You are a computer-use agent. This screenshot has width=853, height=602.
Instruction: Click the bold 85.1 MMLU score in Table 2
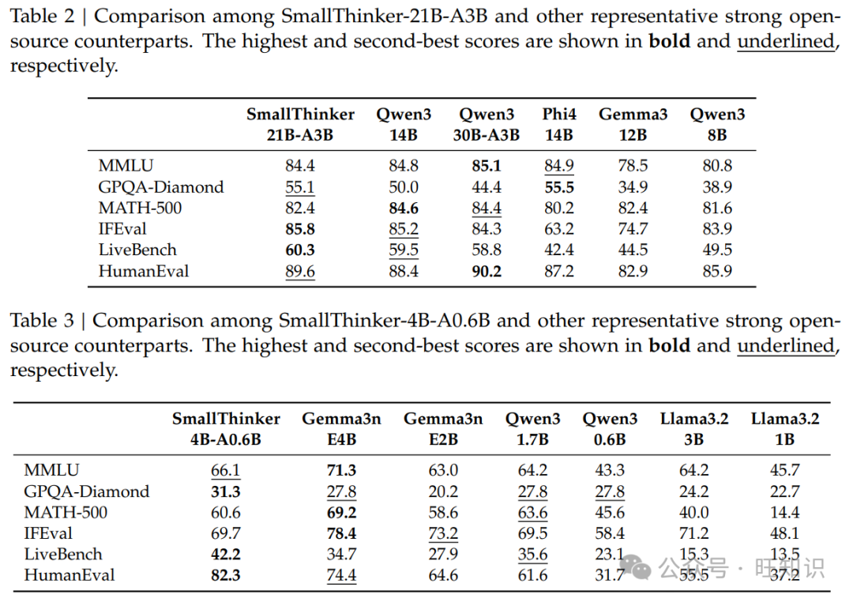487,166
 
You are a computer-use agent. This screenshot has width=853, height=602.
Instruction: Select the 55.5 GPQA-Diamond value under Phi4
558,187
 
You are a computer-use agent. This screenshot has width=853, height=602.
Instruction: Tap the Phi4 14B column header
558,125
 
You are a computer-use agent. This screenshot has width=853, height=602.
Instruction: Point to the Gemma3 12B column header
633,125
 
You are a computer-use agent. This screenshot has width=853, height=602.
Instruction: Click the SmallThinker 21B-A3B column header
300,125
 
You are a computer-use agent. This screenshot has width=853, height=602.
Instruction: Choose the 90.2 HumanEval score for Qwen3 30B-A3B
487,271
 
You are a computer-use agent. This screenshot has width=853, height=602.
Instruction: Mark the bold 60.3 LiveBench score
300,250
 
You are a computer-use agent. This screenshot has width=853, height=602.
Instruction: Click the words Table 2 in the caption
43,17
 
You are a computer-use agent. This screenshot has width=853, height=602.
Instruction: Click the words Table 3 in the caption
43,321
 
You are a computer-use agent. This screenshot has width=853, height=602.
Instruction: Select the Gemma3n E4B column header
341,429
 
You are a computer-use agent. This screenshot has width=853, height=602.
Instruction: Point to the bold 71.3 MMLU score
341,470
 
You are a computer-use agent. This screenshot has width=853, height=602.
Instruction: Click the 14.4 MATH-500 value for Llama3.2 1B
785,512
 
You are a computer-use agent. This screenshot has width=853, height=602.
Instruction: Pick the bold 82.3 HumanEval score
226,575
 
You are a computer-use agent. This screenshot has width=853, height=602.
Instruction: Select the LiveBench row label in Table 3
63,554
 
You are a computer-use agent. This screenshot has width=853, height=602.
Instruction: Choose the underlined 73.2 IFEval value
443,533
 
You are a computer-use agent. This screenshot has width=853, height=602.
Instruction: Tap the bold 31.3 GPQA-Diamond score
226,491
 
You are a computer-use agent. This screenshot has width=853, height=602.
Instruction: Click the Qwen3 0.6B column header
611,429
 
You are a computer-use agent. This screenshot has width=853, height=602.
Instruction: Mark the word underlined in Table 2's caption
785,41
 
